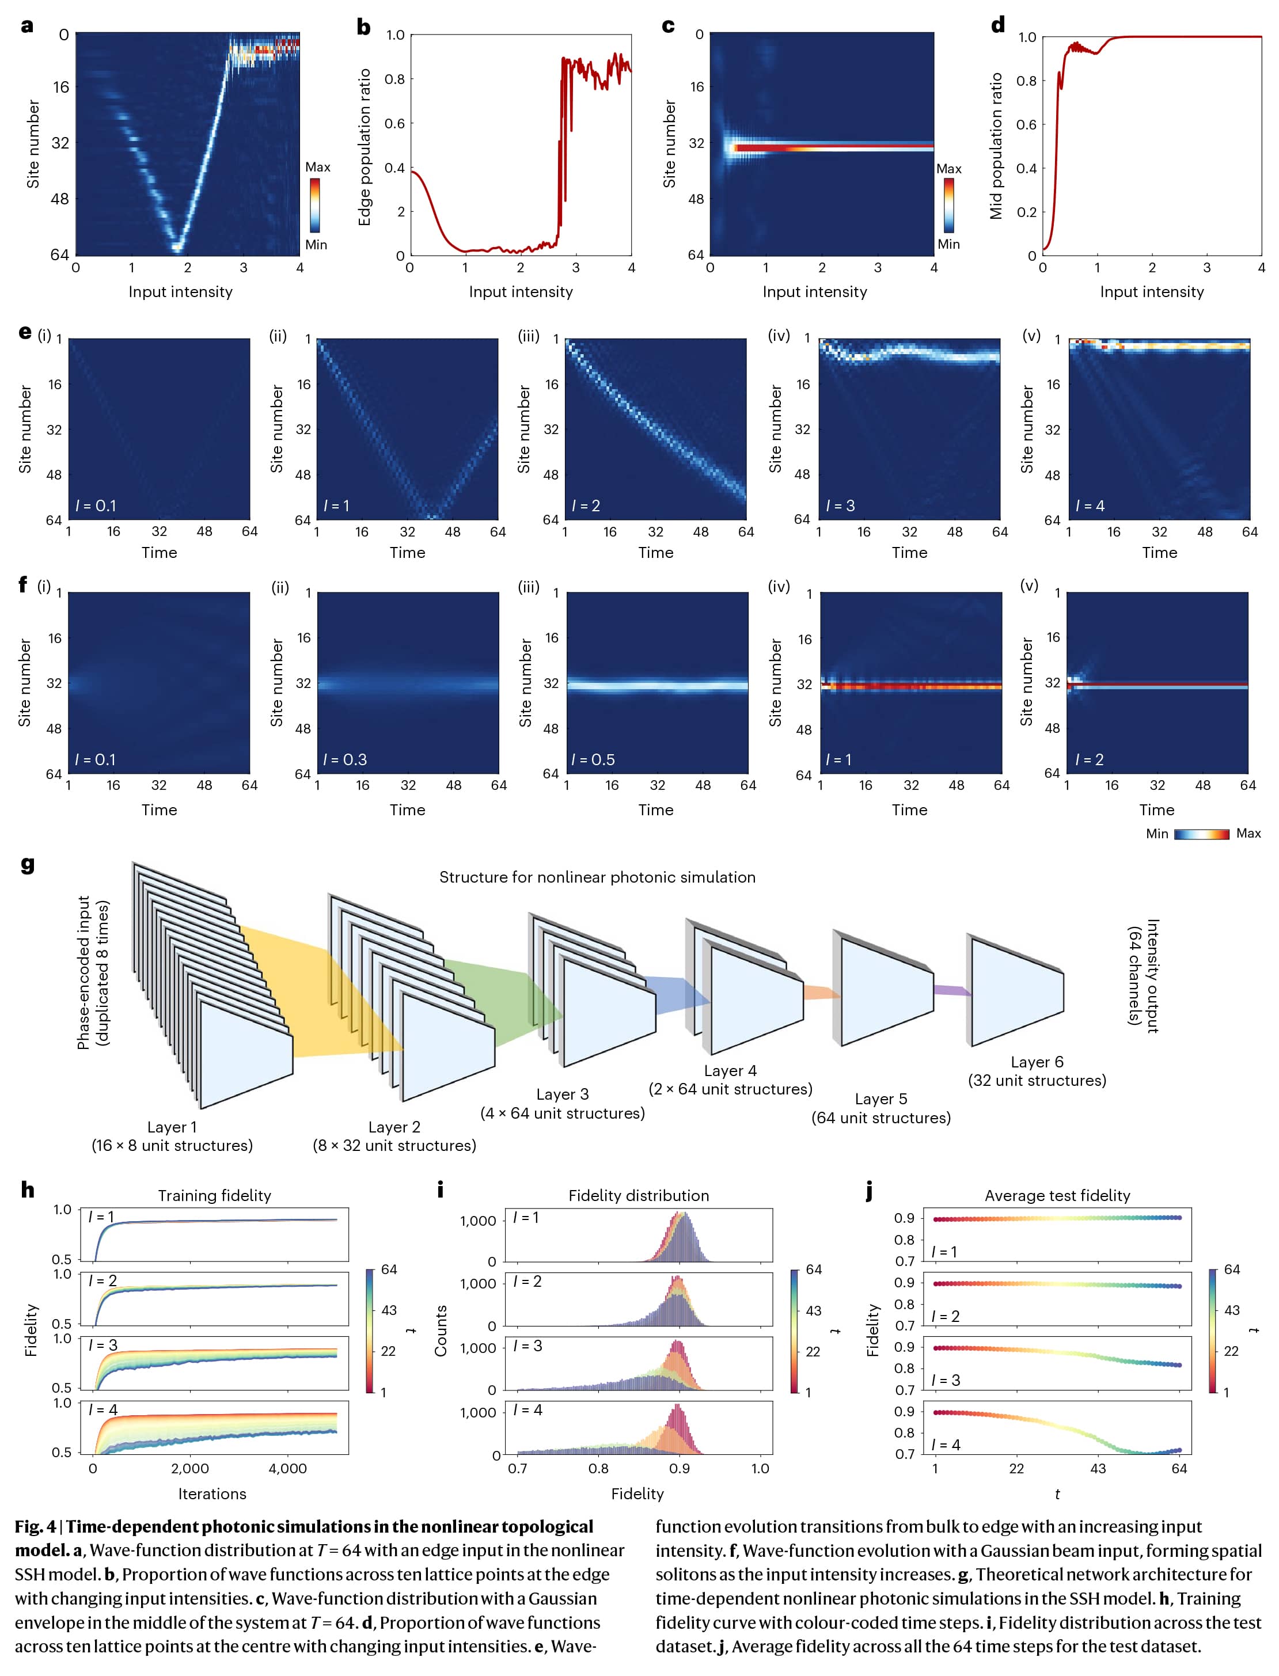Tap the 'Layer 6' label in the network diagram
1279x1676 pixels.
point(1036,1062)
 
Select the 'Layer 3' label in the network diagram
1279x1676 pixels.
point(562,1094)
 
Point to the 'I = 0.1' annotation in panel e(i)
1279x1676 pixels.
point(96,506)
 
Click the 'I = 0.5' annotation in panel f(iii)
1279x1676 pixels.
point(593,759)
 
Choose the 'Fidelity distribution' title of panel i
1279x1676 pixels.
point(638,1195)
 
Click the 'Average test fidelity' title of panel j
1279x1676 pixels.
point(1057,1195)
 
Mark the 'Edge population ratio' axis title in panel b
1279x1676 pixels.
point(365,147)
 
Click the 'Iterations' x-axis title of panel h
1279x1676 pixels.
point(212,1493)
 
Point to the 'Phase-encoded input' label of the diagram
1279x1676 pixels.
point(84,972)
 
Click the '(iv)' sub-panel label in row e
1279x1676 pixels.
point(778,336)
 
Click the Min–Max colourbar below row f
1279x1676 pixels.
point(1201,834)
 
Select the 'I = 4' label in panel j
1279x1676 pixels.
point(946,1445)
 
